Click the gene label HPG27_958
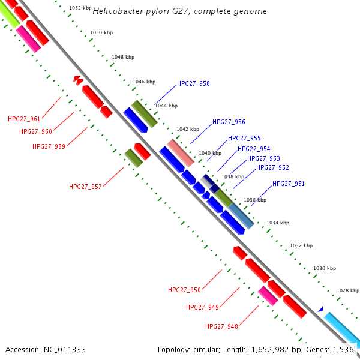click(193, 83)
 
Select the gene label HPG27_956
click(229, 122)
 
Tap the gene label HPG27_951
click(288, 184)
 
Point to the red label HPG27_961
click(24, 119)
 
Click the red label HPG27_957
click(85, 187)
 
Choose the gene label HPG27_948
click(221, 326)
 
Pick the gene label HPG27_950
click(184, 290)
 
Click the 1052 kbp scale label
click(80, 8)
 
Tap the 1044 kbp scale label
click(166, 106)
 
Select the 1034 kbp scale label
click(278, 223)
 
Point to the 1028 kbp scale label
click(347, 290)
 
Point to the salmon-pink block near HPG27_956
click(181, 152)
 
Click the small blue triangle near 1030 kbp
click(321, 309)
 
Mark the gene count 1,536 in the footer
click(344, 349)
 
